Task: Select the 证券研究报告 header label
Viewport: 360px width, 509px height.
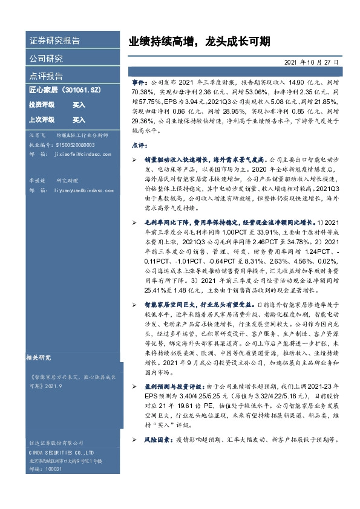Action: [54, 41]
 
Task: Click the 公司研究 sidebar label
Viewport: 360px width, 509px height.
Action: [46, 59]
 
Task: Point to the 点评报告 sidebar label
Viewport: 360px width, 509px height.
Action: [46, 76]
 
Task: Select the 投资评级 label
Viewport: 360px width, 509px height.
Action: [42, 105]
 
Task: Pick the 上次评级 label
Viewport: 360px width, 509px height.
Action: [42, 120]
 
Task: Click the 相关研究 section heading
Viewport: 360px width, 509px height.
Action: [42, 357]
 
